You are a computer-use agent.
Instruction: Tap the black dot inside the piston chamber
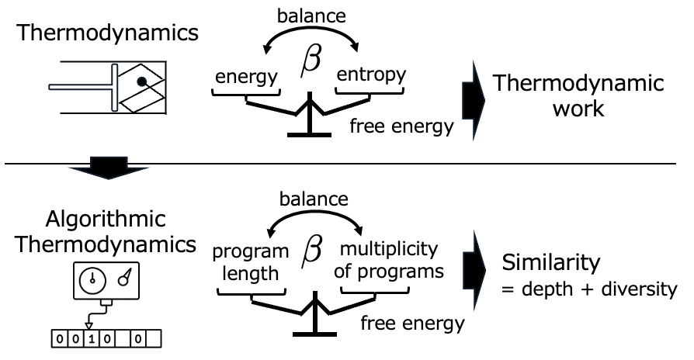(x=141, y=80)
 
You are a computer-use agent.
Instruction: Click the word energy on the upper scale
(x=247, y=76)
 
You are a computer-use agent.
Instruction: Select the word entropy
(x=370, y=74)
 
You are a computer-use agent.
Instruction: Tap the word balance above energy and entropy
(x=311, y=15)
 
